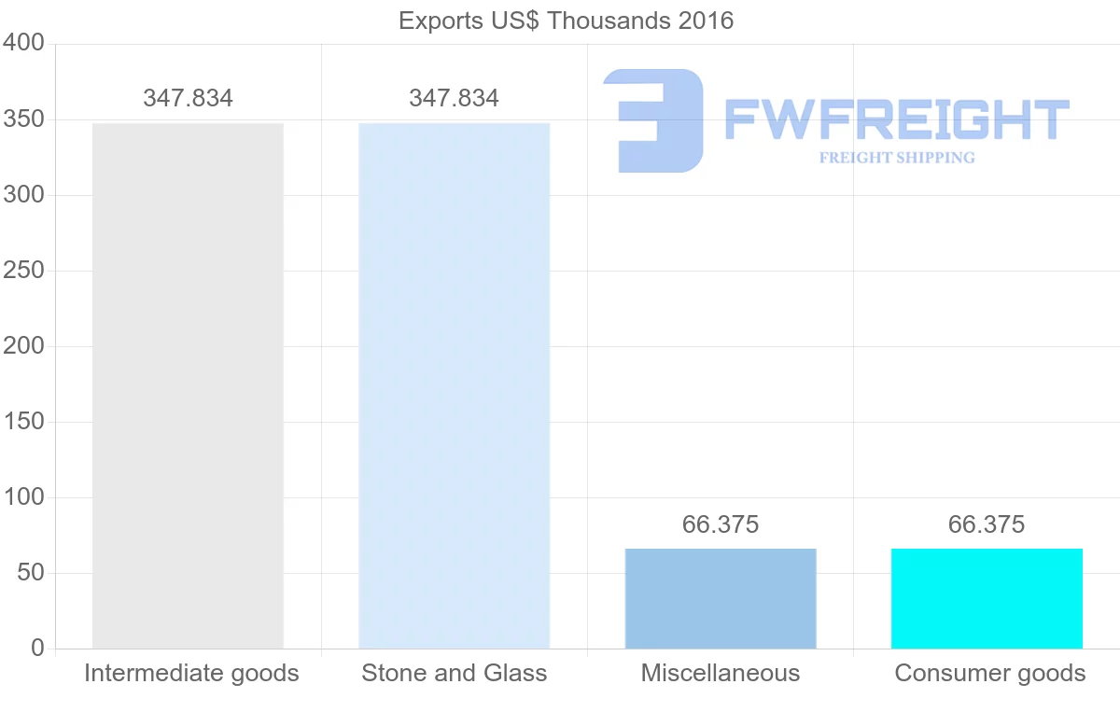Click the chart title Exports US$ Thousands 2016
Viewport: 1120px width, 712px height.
[x=566, y=20]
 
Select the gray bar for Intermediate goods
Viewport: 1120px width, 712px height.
[x=188, y=385]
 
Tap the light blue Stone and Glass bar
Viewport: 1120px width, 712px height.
[x=454, y=385]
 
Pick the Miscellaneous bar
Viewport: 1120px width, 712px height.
[x=721, y=598]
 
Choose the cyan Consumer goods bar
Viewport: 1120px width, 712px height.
[x=987, y=598]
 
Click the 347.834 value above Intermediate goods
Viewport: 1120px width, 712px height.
[x=188, y=98]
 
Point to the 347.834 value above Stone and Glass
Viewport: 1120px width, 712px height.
[x=454, y=98]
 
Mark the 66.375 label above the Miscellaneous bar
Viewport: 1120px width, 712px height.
[x=721, y=525]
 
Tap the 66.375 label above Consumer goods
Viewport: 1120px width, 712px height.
[x=987, y=525]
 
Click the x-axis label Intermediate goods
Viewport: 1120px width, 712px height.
[x=191, y=673]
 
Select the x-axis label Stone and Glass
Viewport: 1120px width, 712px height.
[x=454, y=673]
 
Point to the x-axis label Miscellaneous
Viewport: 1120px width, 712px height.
[x=721, y=673]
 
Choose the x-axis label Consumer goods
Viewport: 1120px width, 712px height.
[x=990, y=673]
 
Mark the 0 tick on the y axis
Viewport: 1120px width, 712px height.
[x=37, y=648]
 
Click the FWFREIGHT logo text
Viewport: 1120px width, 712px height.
[x=896, y=120]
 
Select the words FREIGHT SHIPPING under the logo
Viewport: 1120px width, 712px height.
[x=897, y=158]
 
